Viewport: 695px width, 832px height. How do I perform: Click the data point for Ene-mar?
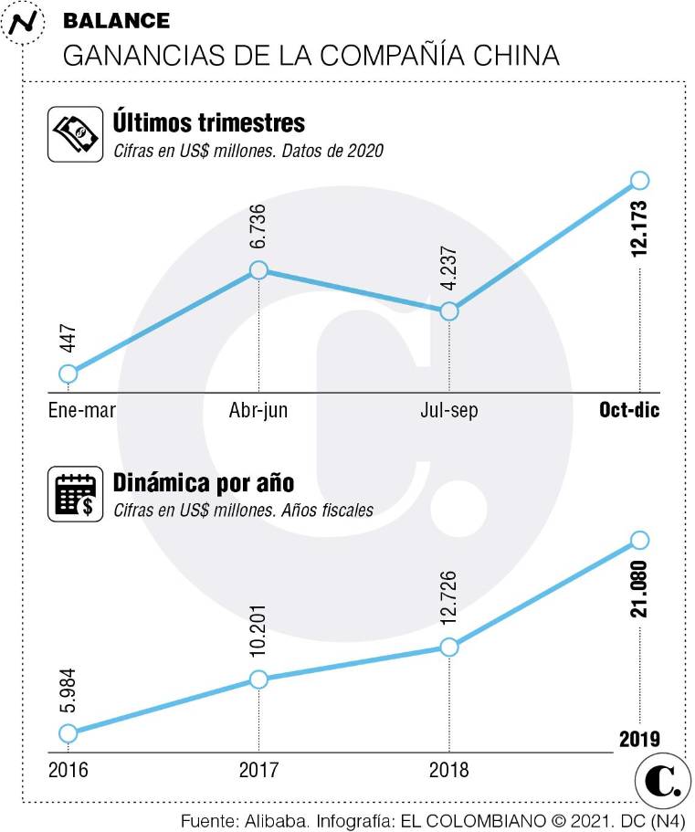pos(68,373)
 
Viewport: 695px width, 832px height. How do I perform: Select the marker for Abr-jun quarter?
pos(258,270)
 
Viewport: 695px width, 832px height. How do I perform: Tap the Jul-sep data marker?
pos(448,311)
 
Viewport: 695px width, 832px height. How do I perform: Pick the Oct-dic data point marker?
pos(639,180)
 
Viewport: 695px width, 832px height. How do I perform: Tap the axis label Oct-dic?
pos(629,411)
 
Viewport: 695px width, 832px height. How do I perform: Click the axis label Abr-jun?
pos(258,411)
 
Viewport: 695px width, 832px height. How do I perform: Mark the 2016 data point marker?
pos(68,732)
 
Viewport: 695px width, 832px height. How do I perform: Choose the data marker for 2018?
pos(448,647)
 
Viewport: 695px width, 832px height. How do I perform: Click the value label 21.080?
pos(639,590)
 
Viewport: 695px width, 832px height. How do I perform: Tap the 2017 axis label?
pos(258,770)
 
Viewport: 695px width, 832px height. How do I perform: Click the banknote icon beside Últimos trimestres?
pos(74,134)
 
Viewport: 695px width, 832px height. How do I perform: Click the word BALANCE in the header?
pos(116,21)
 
